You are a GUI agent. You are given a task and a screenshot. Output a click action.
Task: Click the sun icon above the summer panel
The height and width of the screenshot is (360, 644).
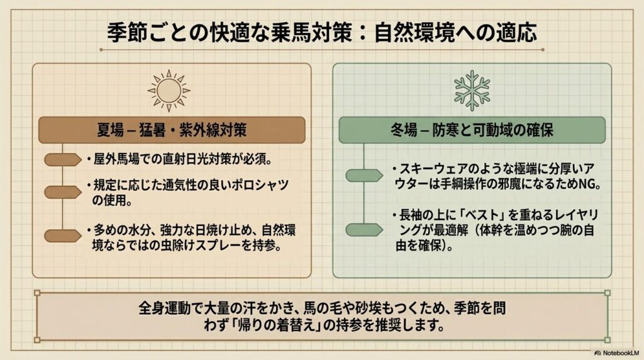coord(169,90)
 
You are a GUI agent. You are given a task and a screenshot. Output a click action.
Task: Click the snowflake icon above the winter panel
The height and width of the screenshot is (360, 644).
coord(472,90)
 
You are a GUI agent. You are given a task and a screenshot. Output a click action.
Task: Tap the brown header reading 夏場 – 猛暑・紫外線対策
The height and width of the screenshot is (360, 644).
coord(172,131)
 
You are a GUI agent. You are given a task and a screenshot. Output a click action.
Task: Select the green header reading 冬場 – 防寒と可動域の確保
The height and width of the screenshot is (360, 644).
coord(472,131)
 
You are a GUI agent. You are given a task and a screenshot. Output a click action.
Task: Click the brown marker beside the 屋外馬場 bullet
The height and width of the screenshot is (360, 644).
coord(63,160)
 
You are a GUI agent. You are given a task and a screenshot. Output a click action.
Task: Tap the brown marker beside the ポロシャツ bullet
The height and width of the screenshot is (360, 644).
coord(63,192)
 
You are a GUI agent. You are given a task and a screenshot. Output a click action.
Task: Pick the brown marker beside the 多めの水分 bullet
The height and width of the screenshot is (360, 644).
coord(63,236)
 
